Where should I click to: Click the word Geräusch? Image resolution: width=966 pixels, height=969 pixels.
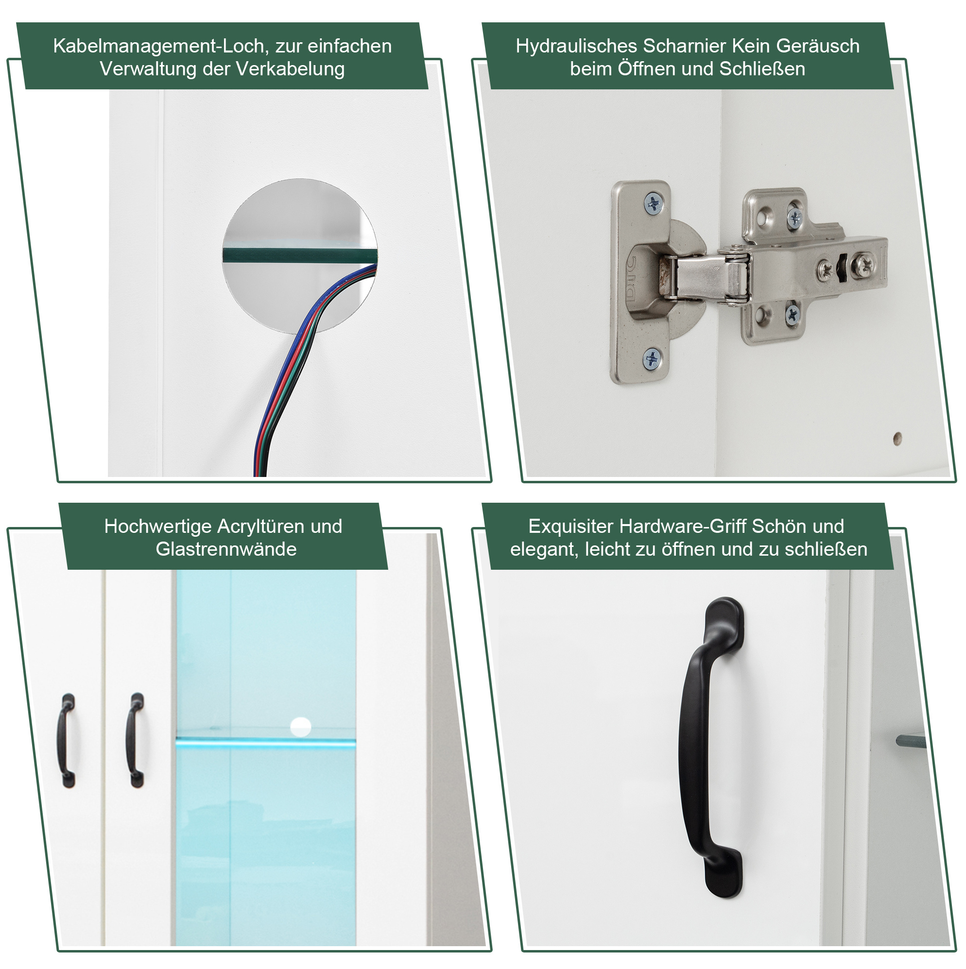click(818, 46)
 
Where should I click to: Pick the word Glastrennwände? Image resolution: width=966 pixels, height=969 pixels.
click(226, 549)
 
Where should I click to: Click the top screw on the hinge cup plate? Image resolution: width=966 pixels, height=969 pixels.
click(654, 204)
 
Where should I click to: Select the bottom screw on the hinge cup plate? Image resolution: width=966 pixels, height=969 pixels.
click(653, 359)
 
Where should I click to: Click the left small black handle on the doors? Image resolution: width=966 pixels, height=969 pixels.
click(67, 741)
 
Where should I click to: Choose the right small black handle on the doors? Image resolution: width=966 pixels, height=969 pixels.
click(135, 741)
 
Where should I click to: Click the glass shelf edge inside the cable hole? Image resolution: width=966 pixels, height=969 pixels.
click(300, 255)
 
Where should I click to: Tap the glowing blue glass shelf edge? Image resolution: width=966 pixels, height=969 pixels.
click(265, 742)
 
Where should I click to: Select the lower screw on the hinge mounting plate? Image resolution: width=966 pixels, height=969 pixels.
click(793, 314)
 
